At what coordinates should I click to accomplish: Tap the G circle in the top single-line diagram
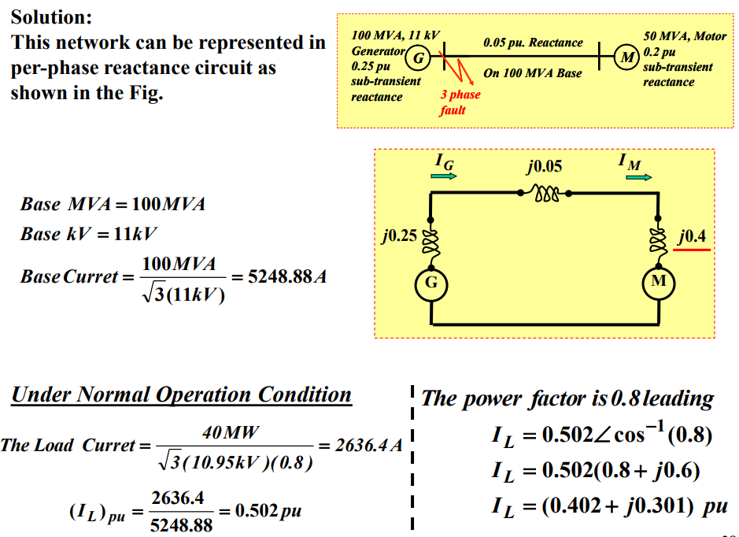(x=419, y=57)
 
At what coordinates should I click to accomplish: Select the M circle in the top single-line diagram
(x=626, y=57)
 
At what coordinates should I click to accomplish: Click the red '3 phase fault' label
(x=460, y=102)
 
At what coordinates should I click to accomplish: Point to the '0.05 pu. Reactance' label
(x=533, y=43)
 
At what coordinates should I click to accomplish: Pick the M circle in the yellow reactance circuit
(x=659, y=281)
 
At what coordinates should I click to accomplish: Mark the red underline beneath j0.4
(x=692, y=250)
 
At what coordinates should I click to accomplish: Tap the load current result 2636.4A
(x=369, y=446)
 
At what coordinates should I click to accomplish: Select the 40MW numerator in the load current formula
(x=231, y=431)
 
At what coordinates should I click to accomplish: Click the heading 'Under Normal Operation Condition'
(x=182, y=394)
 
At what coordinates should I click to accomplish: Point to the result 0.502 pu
(x=267, y=511)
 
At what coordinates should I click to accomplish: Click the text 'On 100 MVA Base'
(x=533, y=73)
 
